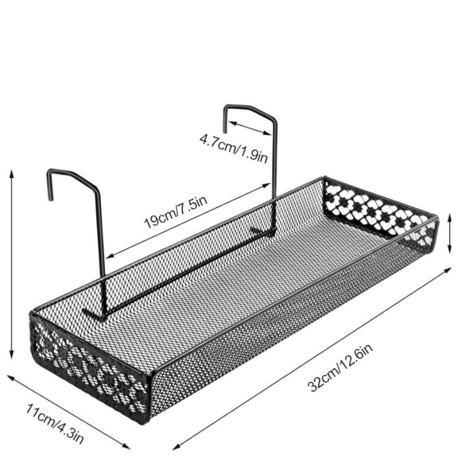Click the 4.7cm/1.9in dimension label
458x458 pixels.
tap(234, 148)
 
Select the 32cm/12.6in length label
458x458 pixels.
tap(340, 367)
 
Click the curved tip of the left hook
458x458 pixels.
tap(51, 198)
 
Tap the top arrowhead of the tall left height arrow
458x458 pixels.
tap(12, 173)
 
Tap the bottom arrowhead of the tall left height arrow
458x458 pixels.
tap(12, 355)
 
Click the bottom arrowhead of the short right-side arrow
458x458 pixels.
tap(450, 250)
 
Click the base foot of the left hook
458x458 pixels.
tap(94, 313)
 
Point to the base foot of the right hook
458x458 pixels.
tap(263, 231)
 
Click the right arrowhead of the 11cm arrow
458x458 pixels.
tap(126, 447)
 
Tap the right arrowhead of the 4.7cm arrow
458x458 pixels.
tap(268, 134)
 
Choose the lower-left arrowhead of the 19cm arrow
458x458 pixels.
tap(109, 256)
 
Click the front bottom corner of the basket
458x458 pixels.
tap(146, 421)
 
